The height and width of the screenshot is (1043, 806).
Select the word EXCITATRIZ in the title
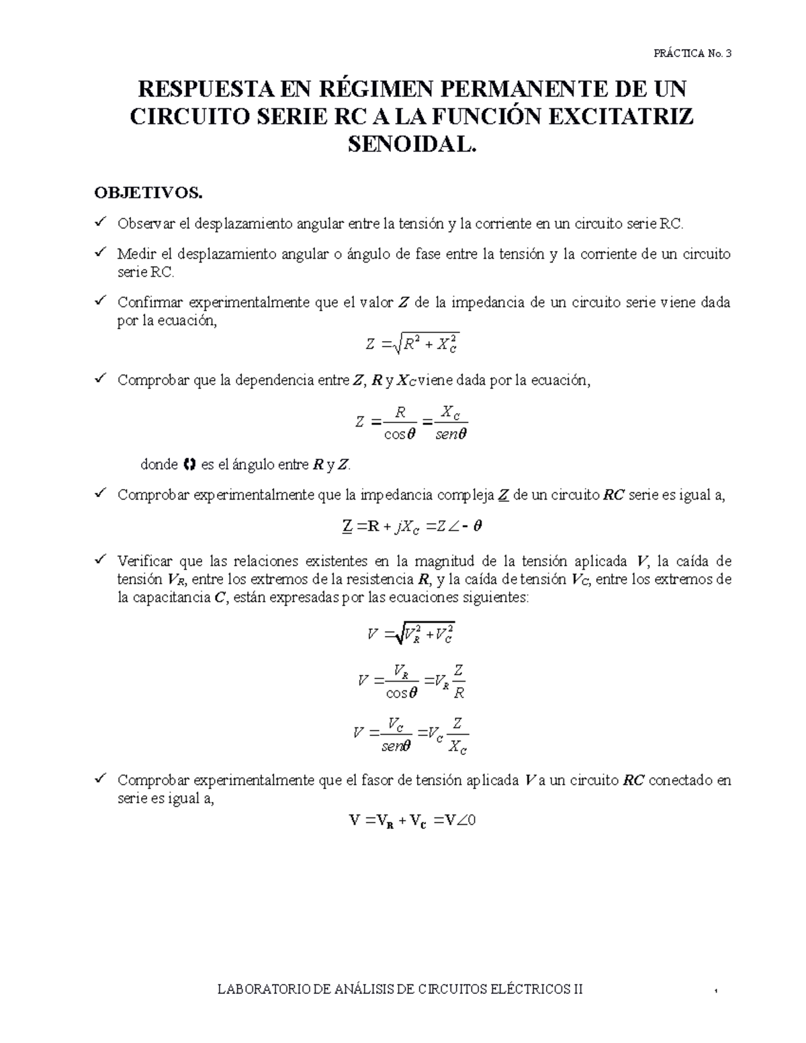[621, 117]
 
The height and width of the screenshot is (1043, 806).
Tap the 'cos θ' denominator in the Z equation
[400, 435]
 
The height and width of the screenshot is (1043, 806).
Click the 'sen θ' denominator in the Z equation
[451, 435]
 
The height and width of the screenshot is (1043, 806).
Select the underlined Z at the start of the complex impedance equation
[347, 527]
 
